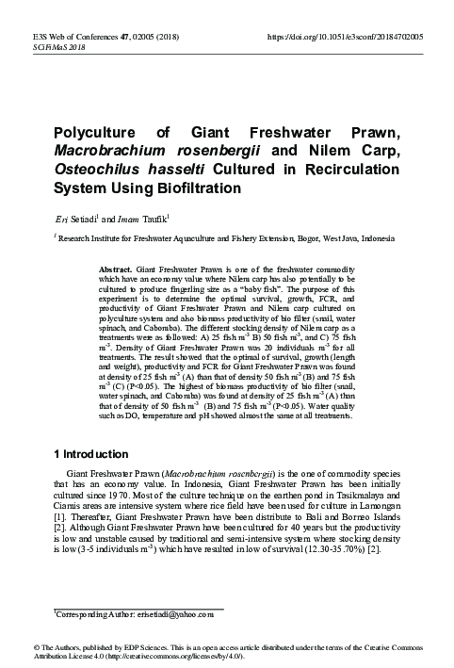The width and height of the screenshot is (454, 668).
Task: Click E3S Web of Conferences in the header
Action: tap(64, 35)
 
